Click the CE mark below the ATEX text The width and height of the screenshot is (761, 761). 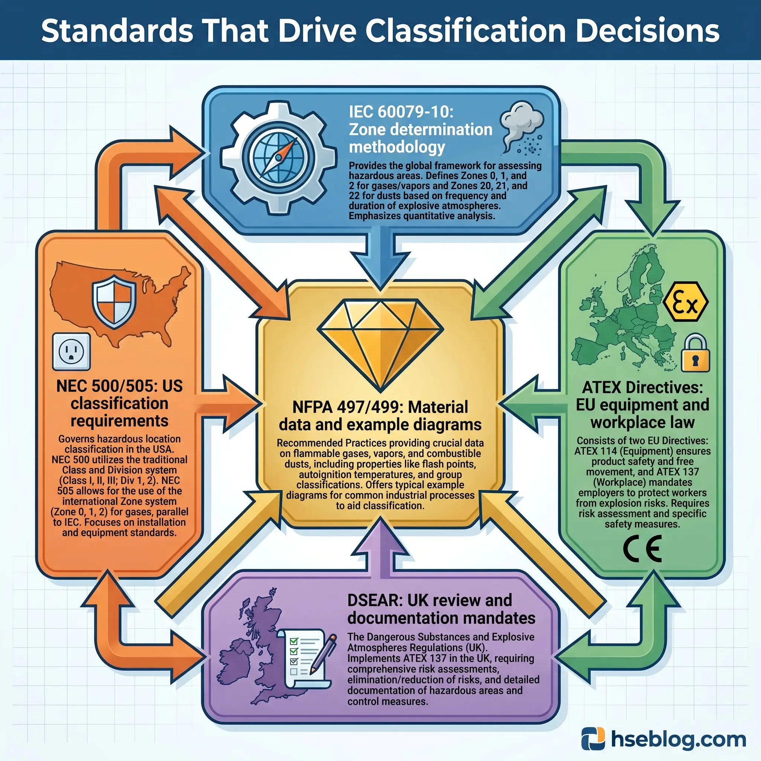point(642,549)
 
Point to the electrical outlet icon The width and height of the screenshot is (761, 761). point(71,352)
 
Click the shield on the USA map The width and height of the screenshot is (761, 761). point(114,302)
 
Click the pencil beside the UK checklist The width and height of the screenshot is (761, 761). point(323,654)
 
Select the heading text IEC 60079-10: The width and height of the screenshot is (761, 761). point(401,112)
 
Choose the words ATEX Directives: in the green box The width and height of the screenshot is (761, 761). point(642,387)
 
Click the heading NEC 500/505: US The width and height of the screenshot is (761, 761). point(119,386)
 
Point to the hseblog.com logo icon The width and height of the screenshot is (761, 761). point(593,739)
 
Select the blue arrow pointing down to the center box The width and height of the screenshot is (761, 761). point(380,260)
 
